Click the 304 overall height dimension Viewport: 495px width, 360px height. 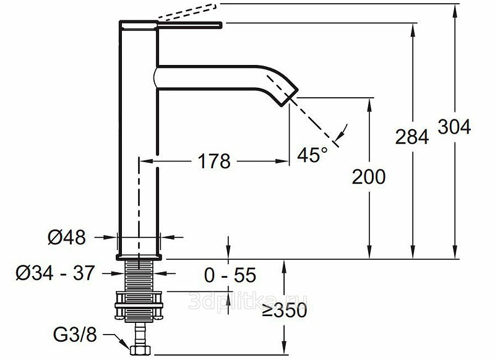coord(454,127)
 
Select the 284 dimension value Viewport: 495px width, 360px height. coord(412,137)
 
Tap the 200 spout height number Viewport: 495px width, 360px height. coord(369,177)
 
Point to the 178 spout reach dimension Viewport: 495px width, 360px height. coord(214,161)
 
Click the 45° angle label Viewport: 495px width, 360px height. coord(312,155)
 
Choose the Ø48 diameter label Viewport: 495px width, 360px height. coord(67,238)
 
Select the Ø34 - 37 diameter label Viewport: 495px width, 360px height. coord(55,273)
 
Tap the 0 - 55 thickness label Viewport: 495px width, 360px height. coord(230,275)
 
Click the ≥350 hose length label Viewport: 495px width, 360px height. coord(285,311)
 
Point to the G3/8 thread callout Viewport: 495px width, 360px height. coord(75,335)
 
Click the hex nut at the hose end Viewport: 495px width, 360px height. coord(140,350)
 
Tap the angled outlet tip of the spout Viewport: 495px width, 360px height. coord(289,97)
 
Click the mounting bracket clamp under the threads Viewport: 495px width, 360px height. coord(139,306)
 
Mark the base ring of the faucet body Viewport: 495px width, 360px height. coord(139,257)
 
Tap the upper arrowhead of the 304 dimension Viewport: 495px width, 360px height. coord(455,10)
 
